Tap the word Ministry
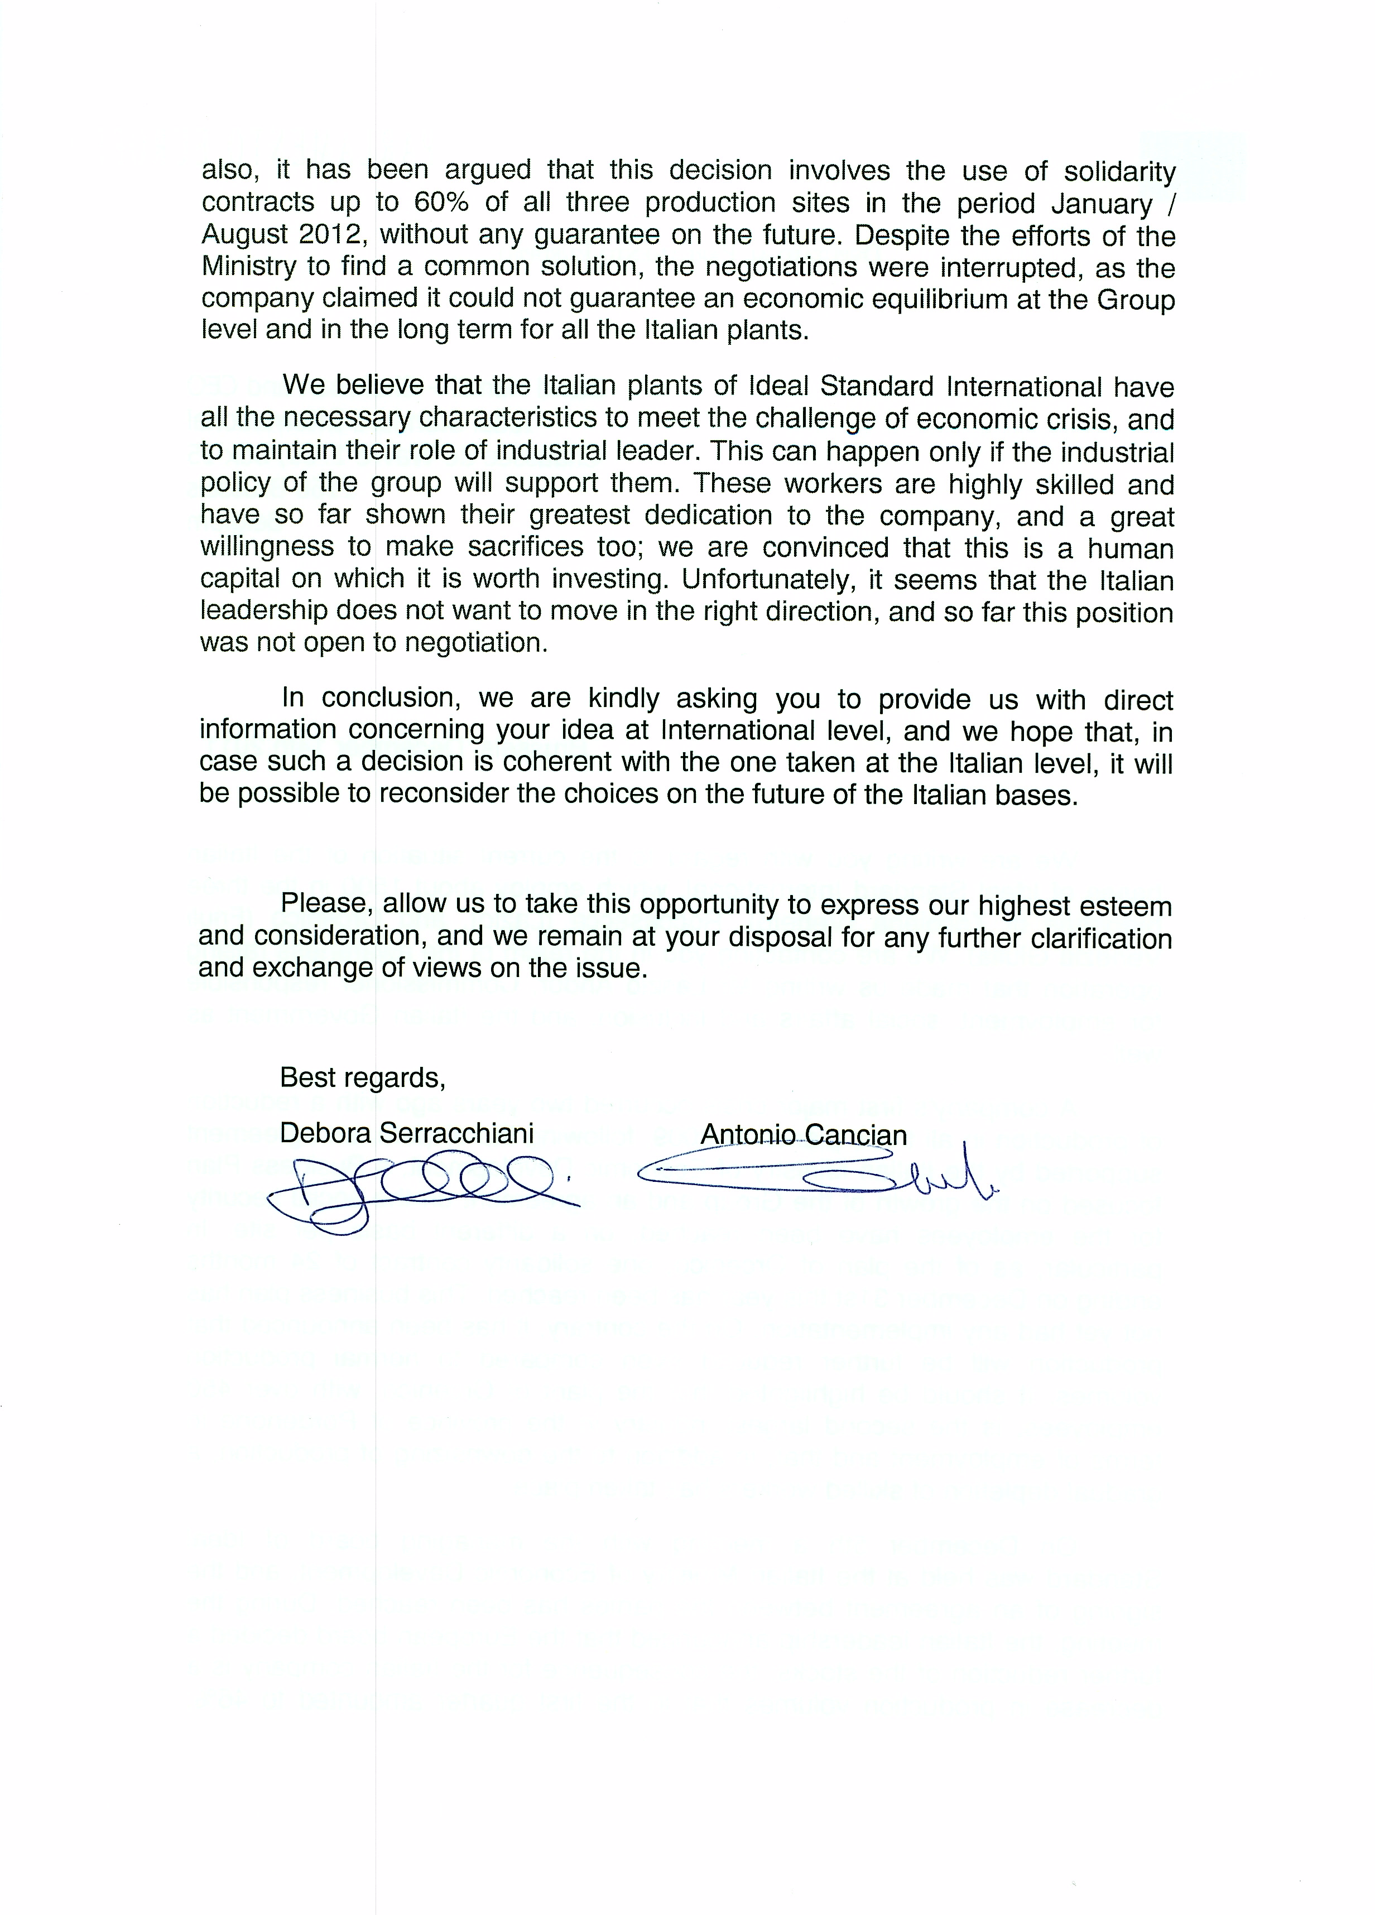coord(249,267)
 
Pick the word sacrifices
coord(525,547)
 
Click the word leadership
coord(265,612)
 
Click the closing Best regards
coord(362,1078)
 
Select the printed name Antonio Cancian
coord(803,1135)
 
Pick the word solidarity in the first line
coord(1119,171)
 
